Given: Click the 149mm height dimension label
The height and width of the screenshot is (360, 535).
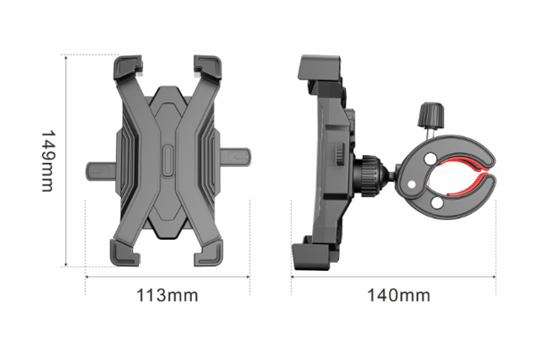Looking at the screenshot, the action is pos(47,161).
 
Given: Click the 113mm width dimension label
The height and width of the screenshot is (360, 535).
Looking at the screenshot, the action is pos(168,295).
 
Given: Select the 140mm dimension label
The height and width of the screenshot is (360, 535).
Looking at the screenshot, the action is pos(399,295).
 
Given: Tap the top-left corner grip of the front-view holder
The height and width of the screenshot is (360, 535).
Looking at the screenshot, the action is pos(128,68).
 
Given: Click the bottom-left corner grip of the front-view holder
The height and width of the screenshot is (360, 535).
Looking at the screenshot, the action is pos(125,252).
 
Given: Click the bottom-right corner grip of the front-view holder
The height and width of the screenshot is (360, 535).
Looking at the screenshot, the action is pos(209,252).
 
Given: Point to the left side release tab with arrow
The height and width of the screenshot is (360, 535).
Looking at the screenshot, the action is pos(102,171).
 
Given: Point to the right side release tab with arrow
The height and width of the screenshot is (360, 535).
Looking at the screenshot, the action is pos(235,156).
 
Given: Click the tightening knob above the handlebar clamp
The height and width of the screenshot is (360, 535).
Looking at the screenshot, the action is pos(432,115).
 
